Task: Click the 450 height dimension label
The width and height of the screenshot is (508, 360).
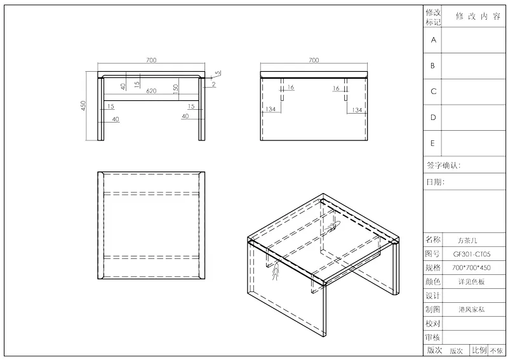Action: pos(83,105)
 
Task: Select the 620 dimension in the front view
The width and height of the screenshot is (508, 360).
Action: pos(151,91)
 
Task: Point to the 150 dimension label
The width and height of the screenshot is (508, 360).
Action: pos(176,89)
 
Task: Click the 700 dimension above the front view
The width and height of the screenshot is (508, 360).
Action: pos(151,60)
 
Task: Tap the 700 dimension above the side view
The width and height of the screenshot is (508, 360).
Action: pos(314,60)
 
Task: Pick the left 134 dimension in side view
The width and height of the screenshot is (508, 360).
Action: pos(271,109)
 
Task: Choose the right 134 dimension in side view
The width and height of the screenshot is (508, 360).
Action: pos(357,110)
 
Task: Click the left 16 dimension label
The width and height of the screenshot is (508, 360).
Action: pos(291,87)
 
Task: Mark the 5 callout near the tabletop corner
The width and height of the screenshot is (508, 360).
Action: pos(218,73)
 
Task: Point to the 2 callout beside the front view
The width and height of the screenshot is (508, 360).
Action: pos(214,84)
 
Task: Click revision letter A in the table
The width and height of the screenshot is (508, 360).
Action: pos(434,40)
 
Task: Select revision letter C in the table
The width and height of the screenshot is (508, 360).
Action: pos(434,91)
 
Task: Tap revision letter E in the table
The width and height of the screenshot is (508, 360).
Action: pos(432,143)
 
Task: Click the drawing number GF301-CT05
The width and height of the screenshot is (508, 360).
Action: pos(472,254)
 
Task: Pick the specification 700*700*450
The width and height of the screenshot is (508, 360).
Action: pos(471,268)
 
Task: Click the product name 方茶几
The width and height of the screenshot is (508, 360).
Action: pos(467,241)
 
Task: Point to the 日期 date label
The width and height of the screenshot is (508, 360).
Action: pos(435,182)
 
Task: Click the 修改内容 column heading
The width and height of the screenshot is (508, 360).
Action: pos(478,17)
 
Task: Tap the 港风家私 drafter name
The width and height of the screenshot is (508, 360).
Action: pos(471,309)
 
